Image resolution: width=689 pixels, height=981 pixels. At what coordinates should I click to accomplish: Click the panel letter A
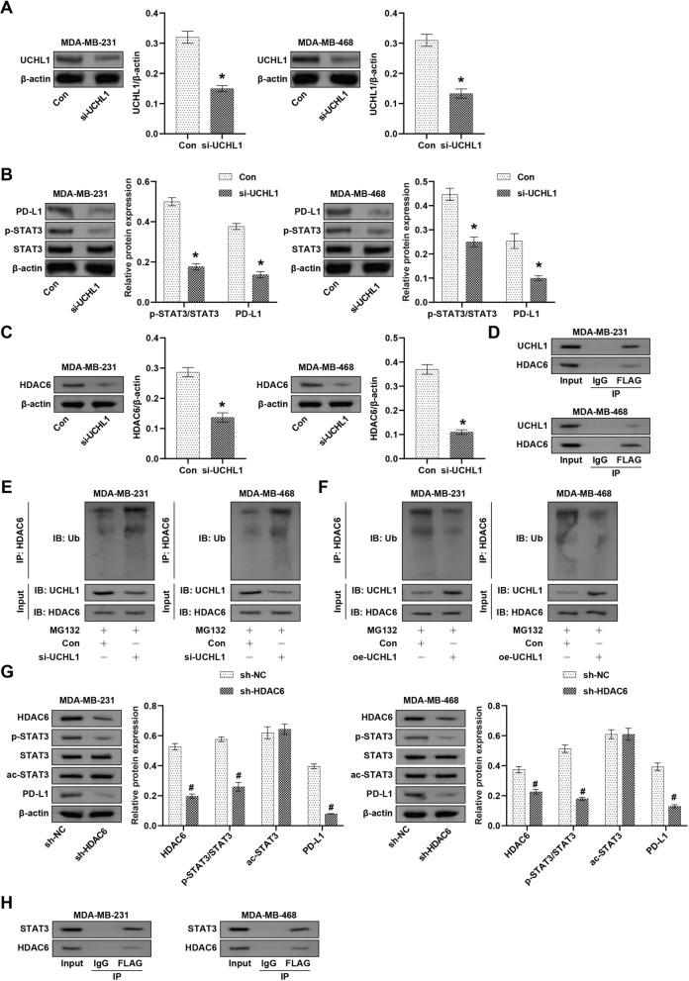(x=9, y=9)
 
